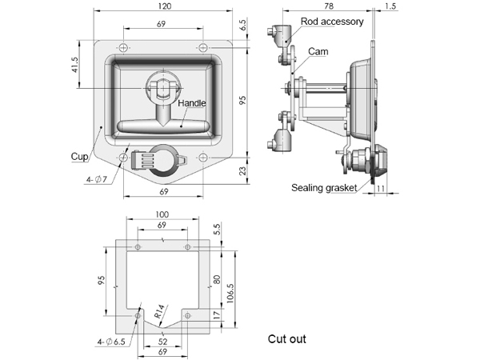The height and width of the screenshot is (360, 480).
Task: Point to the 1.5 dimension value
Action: pyautogui.click(x=390, y=6)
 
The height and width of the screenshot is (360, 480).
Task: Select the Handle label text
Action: pyautogui.click(x=192, y=104)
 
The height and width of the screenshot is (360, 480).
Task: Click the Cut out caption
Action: pyautogui.click(x=287, y=339)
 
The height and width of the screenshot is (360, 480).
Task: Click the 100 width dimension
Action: pyautogui.click(x=162, y=215)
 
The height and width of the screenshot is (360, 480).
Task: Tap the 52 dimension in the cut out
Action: pyautogui.click(x=162, y=342)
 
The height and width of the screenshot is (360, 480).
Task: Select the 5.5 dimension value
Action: pyautogui.click(x=217, y=230)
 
